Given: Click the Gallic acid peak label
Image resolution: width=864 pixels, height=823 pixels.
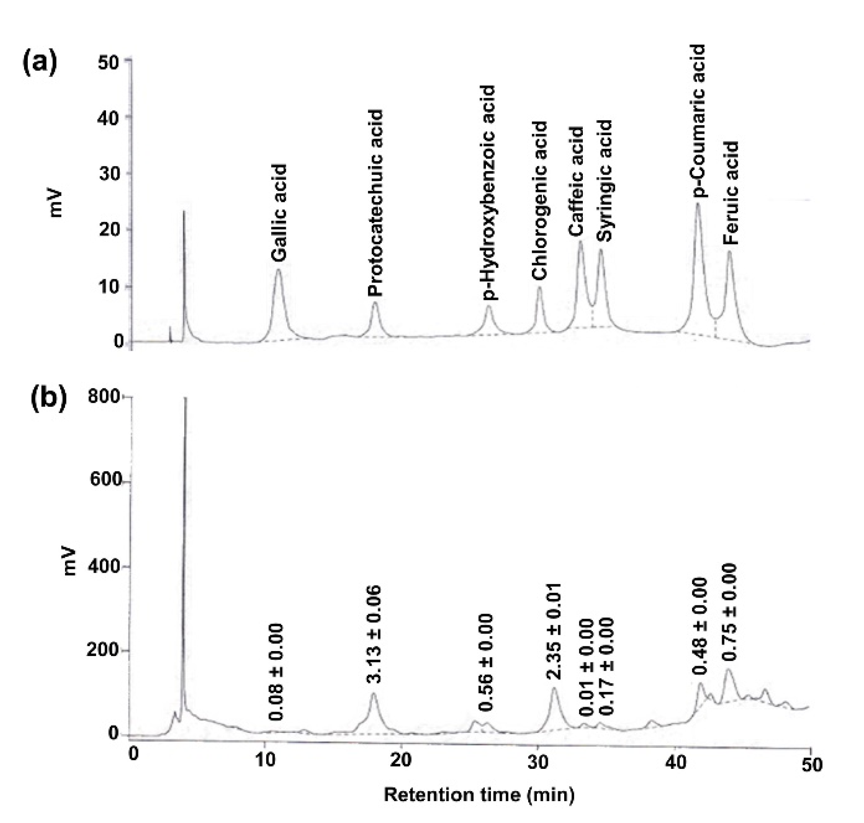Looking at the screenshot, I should tap(279, 213).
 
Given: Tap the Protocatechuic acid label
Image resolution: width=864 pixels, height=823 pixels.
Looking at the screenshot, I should tap(375, 203).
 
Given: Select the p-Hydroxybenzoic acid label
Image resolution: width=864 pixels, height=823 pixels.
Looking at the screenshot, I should tap(489, 192).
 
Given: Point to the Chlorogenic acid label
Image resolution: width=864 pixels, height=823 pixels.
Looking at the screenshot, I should tap(540, 201).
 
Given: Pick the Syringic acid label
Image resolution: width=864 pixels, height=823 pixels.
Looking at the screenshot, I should tap(605, 181).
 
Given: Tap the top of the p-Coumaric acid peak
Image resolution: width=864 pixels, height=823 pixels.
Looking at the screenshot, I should tap(697, 204).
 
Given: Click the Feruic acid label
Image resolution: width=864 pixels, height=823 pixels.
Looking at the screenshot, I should tap(731, 193).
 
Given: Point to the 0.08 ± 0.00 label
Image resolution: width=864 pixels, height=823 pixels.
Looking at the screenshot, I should tap(276, 672).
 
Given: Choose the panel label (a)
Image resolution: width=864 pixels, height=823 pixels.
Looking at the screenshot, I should tap(40, 62).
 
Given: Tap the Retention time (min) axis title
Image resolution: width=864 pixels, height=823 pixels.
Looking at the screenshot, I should tap(479, 794).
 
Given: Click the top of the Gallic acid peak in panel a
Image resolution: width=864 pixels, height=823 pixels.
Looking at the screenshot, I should tap(278, 270).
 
